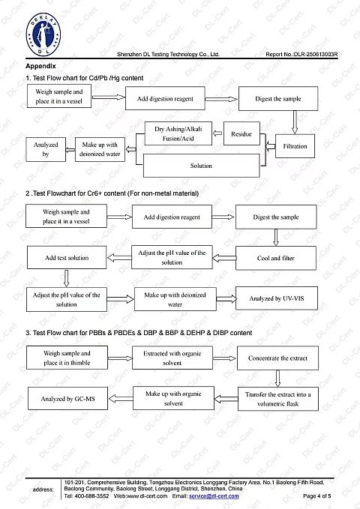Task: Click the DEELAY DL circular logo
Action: (x=43, y=34)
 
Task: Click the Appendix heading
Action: (x=40, y=66)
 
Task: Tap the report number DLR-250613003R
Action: (x=316, y=54)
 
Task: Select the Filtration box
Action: (x=295, y=146)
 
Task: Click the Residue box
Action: (x=241, y=133)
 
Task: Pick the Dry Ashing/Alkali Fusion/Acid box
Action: (x=178, y=133)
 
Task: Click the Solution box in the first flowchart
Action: (x=202, y=166)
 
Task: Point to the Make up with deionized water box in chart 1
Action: (x=100, y=149)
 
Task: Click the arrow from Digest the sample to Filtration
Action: (x=295, y=122)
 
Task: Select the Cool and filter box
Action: (x=276, y=258)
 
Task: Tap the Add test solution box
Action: (x=67, y=258)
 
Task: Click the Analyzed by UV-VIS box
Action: (x=277, y=298)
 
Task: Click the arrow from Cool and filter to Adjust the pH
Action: (x=224, y=259)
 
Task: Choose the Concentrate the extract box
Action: (x=277, y=358)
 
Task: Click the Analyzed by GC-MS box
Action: (x=68, y=399)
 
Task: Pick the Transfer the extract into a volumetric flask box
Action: (x=278, y=399)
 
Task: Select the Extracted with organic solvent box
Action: (x=172, y=358)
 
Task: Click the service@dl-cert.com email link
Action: (x=214, y=496)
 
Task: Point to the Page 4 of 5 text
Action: (x=316, y=496)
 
